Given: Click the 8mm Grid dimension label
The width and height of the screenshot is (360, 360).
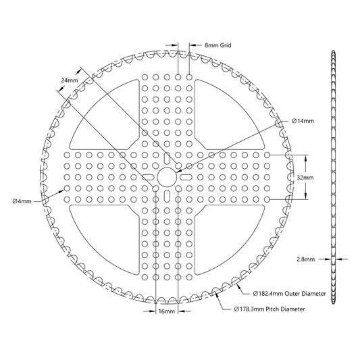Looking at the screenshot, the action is click(218, 45).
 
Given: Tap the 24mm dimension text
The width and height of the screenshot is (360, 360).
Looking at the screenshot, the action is click(70, 80).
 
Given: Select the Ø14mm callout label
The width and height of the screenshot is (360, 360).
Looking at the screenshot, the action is click(303, 121).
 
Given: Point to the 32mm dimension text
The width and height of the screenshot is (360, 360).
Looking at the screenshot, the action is click(305, 178).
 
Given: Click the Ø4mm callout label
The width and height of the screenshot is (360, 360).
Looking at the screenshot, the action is click(22, 201).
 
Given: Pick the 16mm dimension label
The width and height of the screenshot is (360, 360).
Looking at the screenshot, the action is click(167, 311).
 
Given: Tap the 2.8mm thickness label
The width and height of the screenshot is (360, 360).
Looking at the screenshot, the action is click(306, 259).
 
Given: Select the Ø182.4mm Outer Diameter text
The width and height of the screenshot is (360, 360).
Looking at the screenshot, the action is click(290, 293).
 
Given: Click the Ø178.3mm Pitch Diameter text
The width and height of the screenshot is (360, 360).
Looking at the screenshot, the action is click(269, 309).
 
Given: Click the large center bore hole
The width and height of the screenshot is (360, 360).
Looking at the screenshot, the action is click(167, 177).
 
